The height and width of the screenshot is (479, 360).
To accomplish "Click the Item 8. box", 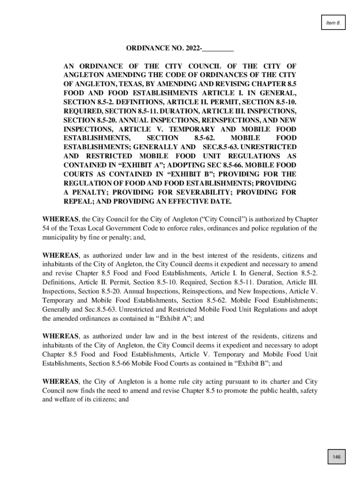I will pyautogui.click(x=333, y=22).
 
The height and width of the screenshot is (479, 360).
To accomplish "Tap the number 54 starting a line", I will pyautogui.click(x=46, y=229).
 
